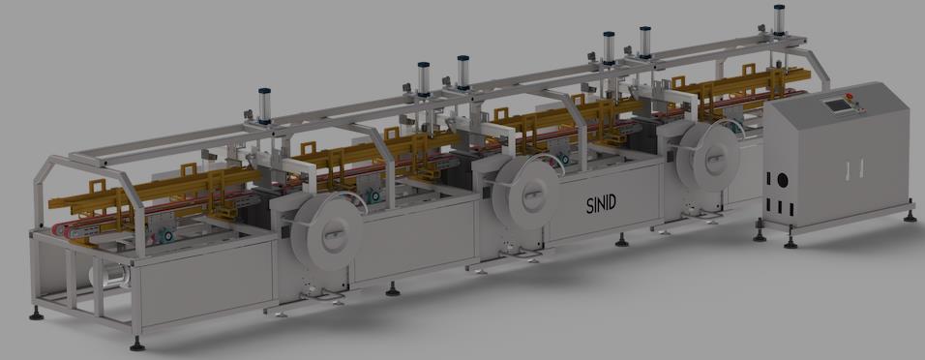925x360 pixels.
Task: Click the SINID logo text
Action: (607, 206)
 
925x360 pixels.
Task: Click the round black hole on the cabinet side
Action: (782, 181)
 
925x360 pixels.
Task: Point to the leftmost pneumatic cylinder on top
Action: (264, 104)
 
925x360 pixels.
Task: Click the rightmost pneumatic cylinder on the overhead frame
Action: (779, 18)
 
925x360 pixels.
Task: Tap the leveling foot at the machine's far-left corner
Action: (36, 314)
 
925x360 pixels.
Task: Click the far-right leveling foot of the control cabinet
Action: (910, 216)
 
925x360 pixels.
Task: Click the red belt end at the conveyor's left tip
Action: (57, 227)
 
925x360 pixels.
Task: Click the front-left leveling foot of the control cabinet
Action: (791, 242)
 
